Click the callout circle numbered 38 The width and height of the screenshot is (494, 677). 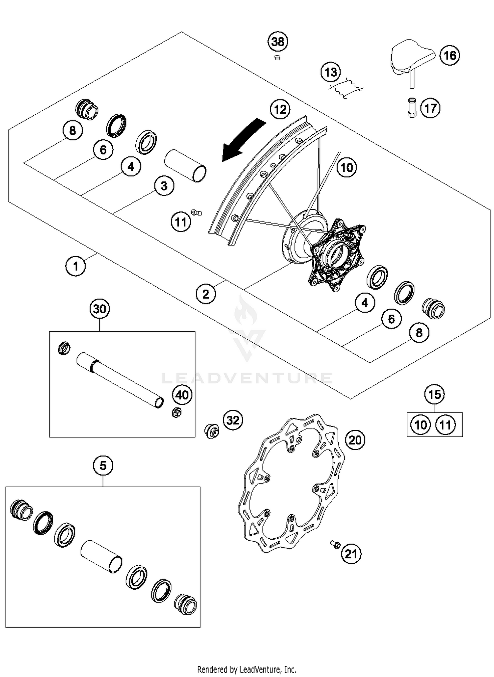tap(277, 42)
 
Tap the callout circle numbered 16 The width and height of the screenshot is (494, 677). tap(450, 55)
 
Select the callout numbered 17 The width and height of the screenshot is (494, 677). tap(430, 108)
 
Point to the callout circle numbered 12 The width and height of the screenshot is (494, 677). tap(280, 109)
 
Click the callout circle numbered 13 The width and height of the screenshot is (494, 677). tap(331, 72)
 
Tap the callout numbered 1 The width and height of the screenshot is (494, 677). tap(75, 266)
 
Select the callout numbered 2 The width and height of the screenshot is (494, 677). tap(206, 294)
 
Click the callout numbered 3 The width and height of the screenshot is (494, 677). tap(164, 186)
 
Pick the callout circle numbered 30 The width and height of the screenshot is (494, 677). tap(99, 309)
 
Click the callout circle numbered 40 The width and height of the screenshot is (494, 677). tap(182, 395)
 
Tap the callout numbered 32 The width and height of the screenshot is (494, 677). tap(233, 420)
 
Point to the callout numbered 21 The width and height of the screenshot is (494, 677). tap(351, 554)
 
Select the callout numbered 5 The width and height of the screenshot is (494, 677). tap(103, 466)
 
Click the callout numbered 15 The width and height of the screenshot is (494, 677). tap(434, 394)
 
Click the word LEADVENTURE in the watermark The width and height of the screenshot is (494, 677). tap(247, 378)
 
